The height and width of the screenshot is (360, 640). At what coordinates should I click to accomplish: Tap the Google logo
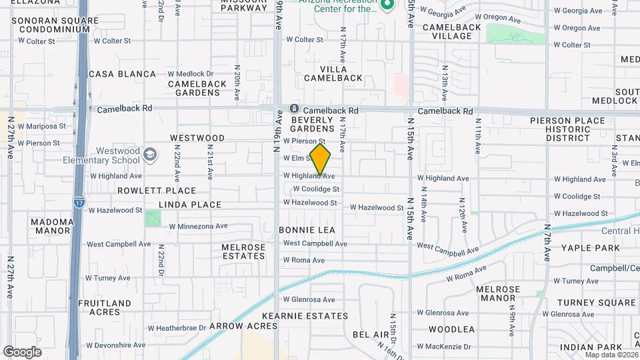click(22, 352)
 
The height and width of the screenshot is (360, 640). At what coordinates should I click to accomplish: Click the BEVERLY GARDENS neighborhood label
click(312, 123)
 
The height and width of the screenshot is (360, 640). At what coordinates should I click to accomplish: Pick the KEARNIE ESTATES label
click(305, 316)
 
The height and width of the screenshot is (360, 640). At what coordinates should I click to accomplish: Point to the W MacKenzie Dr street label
click(444, 347)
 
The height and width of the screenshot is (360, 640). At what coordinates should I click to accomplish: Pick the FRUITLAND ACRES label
click(105, 307)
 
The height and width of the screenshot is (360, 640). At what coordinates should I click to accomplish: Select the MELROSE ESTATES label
click(243, 251)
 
